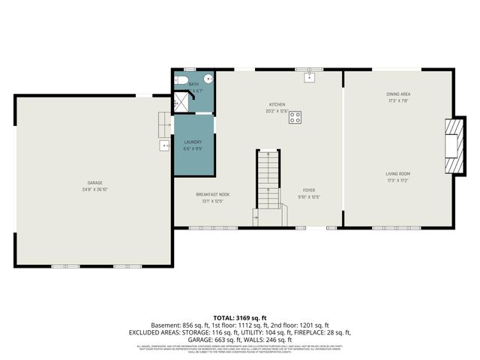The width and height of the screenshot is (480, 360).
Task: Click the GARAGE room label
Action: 94,183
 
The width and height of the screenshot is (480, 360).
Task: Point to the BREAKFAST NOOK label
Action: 213,194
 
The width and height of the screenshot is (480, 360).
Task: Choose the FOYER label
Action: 310,190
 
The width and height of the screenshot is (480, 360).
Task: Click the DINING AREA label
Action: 398,94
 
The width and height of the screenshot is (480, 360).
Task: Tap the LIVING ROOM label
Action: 398,174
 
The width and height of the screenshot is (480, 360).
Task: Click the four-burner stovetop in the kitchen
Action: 295,117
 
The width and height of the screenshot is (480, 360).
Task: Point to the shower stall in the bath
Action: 182,101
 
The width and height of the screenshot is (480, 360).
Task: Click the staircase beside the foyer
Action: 268,180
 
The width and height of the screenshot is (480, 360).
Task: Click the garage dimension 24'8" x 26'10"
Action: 94,190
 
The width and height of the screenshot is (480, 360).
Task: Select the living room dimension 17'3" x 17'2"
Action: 398,181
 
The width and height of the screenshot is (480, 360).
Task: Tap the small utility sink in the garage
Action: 164,145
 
